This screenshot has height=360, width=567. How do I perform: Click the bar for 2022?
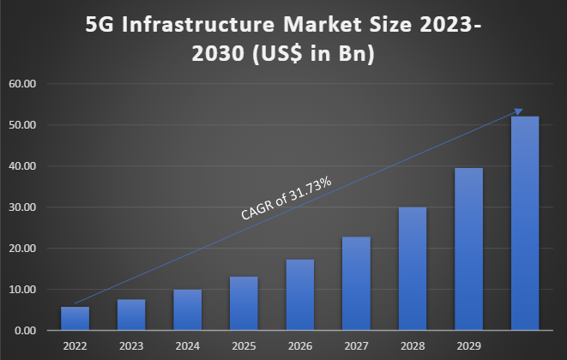point(75,318)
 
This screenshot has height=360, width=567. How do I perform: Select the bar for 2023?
point(131,315)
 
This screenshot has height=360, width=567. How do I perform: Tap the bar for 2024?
point(187,309)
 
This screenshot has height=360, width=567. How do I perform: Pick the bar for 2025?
point(244,303)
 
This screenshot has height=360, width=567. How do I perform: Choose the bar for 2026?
point(299,295)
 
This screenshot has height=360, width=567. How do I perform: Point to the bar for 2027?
point(356,284)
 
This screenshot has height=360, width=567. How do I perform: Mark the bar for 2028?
point(413,268)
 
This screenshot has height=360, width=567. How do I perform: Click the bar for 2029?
point(468,249)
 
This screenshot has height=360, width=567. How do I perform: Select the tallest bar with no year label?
point(525,223)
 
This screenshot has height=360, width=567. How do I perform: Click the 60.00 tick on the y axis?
point(23,84)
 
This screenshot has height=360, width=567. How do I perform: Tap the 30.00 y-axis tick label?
point(23,207)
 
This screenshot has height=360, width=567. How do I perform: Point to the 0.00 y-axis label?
point(26,331)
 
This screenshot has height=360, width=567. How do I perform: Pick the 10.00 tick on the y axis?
point(23,290)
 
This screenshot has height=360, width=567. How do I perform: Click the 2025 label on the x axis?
point(244,346)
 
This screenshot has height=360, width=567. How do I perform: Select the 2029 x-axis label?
point(468,346)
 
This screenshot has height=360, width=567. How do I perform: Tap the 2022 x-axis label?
point(75,346)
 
